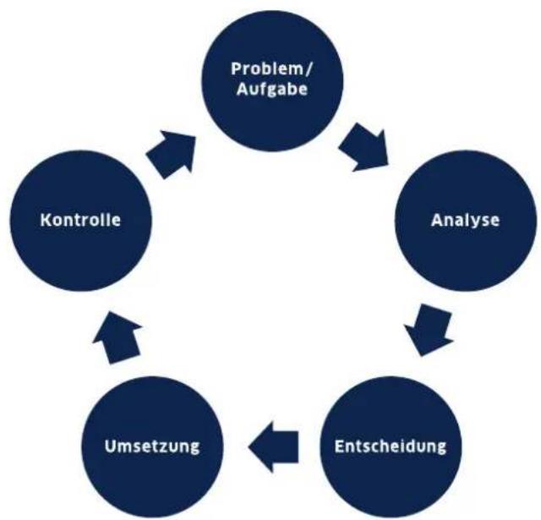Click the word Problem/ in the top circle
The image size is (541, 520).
coord(272,68)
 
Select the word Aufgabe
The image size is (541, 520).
coord(272,90)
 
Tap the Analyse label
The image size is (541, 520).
coord(465,221)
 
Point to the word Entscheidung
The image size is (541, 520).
coord(391,446)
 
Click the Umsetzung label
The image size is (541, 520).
coord(152,446)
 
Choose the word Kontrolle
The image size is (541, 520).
coord(80,220)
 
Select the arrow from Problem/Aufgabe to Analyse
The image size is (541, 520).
coord(364,147)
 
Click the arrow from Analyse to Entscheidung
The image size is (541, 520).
coord(429,330)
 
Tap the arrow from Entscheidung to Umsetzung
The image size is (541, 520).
coord(273,446)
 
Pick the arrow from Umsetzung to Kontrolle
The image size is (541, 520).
coord(117,337)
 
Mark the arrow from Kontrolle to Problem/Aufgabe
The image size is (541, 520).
coord(172,154)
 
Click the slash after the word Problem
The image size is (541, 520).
coord(309,69)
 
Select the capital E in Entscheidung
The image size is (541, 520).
coord(340,446)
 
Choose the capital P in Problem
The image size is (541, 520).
coord(237,68)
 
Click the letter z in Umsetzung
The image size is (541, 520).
coord(170,448)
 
